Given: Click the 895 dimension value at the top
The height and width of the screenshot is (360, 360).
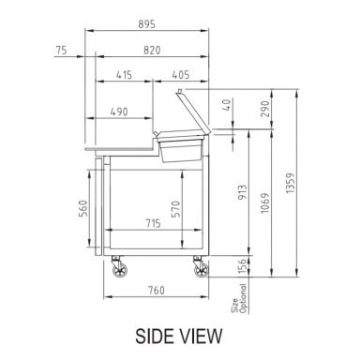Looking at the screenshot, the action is [x=146, y=24].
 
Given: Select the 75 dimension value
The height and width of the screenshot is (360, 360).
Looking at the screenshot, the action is [x=61, y=50].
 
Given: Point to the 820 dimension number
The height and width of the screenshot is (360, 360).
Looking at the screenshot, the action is [x=152, y=50].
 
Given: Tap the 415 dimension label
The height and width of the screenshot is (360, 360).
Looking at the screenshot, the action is [x=124, y=75].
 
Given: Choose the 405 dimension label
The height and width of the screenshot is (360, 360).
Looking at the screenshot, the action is [x=181, y=75].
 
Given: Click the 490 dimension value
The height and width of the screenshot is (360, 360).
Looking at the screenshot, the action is [x=119, y=112].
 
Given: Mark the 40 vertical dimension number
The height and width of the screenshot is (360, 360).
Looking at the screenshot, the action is [x=228, y=105].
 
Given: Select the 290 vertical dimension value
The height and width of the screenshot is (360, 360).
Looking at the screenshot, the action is [x=265, y=109].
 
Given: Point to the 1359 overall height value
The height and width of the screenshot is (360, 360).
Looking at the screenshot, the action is [x=291, y=183].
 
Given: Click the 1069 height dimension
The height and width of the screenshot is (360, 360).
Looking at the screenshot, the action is [x=265, y=203].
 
